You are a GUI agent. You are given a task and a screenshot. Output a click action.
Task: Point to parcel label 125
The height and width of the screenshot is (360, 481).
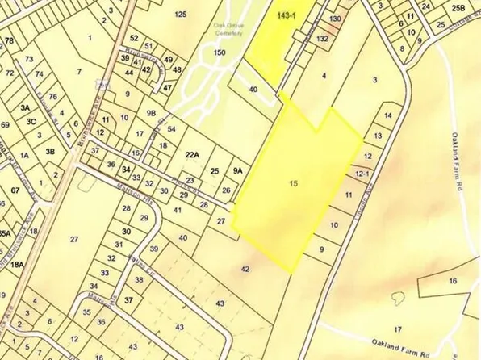(x=180, y=15)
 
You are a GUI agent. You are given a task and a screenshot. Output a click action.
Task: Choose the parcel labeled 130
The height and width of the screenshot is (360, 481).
(x=335, y=19)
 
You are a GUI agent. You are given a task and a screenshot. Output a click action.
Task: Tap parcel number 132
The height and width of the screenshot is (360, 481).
(x=323, y=38)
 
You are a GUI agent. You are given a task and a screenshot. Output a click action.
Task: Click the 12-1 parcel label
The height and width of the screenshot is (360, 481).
(x=361, y=174)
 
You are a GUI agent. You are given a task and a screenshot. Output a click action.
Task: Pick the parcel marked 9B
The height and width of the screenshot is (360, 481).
(x=151, y=113)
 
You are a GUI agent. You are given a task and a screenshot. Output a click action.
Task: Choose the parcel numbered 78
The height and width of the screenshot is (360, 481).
(x=9, y=40)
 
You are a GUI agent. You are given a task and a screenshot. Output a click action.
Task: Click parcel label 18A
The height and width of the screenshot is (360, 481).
(x=18, y=263)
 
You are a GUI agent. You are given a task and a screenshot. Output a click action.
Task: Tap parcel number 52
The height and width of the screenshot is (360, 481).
(x=134, y=38)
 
